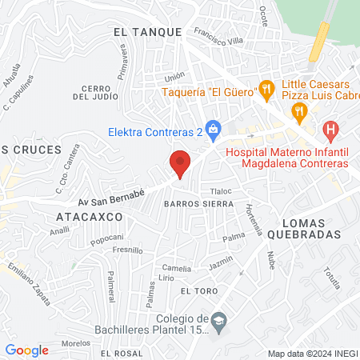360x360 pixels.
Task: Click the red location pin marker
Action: tap(180, 163)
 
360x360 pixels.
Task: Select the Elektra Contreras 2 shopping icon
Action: tap(213, 128)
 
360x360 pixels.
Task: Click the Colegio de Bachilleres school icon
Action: tap(218, 321)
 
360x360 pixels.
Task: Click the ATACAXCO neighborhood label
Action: tap(89, 217)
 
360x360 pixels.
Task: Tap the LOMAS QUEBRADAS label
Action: tap(310, 227)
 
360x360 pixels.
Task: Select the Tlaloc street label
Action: tap(220, 192)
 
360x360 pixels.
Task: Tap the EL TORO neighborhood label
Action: tap(197, 292)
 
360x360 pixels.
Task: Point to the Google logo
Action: tap(27, 350)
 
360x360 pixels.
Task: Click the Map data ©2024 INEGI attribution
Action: tap(311, 354)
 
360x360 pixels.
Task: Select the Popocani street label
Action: tap(106, 238)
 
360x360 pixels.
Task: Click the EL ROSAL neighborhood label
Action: tap(116, 353)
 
